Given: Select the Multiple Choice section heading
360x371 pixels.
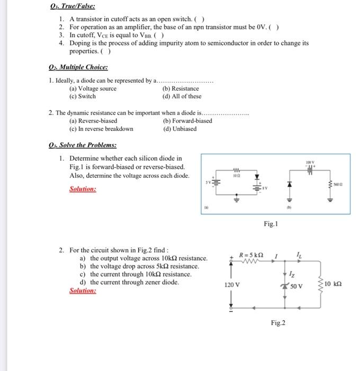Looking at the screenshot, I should (78, 67).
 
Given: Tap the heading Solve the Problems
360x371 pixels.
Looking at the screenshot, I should (82, 145).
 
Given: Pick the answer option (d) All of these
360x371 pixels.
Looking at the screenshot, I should (182, 96).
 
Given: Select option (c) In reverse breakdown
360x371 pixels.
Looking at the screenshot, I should (101, 129).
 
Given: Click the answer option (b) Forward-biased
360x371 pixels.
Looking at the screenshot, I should (187, 121).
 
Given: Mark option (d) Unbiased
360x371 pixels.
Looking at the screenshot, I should (180, 129).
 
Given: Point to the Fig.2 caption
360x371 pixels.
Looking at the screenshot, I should (278, 323).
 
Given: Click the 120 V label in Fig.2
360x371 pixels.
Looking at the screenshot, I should (232, 285).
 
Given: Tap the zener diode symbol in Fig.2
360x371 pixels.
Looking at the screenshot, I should (286, 286).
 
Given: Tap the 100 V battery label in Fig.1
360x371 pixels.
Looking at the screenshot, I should (309, 161).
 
